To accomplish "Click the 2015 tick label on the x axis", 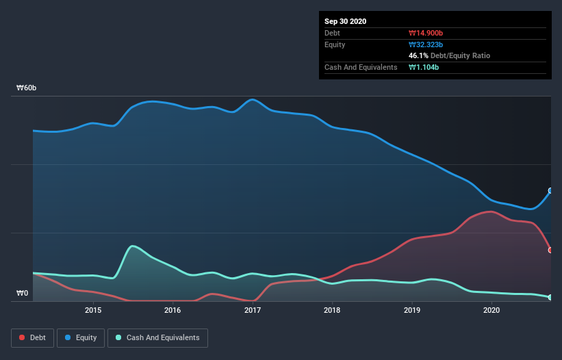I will [93, 310].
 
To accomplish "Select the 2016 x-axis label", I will [173, 310].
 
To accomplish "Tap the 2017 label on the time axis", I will [253, 310].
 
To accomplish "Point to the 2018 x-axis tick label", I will [332, 310].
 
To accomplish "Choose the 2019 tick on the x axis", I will [412, 310].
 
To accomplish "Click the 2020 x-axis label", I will [491, 310].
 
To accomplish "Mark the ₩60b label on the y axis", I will [27, 88].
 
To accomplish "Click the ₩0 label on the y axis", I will [23, 294].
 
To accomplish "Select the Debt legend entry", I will [34, 337].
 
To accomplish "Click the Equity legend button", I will [81, 337].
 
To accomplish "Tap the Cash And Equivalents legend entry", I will [157, 337].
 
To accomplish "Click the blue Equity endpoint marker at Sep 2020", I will [550, 191].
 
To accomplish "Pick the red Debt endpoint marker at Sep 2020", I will [550, 250].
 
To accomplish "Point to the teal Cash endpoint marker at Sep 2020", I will [550, 297].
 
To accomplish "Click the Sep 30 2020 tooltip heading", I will [345, 21].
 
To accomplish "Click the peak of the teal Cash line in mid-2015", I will [132, 246].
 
